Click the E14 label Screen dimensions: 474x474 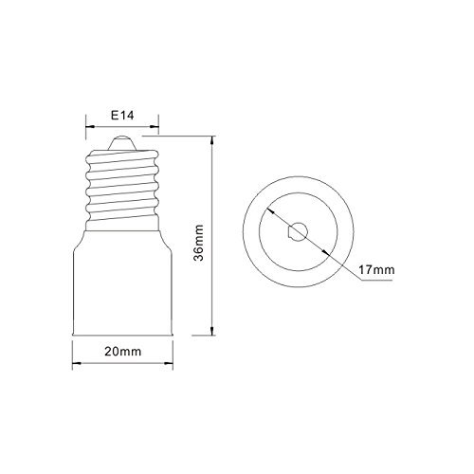(122, 116)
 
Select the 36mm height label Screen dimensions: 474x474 (199, 243)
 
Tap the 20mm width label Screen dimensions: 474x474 (123, 352)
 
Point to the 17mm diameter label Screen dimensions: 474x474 (376, 270)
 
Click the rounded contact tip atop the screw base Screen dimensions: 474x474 (122, 143)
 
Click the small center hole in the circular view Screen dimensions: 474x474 (298, 231)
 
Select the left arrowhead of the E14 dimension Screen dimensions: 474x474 (90, 127)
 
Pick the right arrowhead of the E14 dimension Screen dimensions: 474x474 (155, 127)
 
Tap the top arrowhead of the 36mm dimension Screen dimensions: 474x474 (212, 140)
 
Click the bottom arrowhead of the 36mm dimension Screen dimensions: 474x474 (212, 331)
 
